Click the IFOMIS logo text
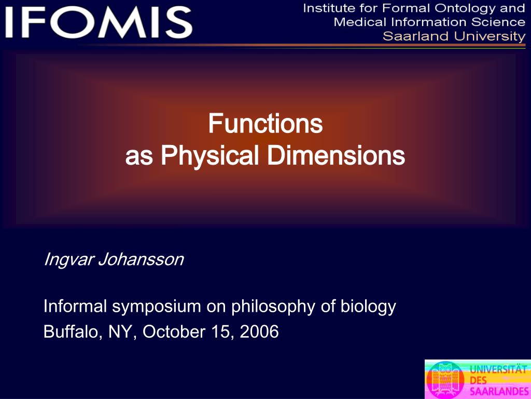[x=99, y=23]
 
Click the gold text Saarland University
[x=454, y=36]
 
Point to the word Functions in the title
[x=265, y=124]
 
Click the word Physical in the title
[x=209, y=156]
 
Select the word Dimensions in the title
[x=336, y=156]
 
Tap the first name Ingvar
[x=68, y=260]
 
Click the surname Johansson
[x=141, y=260]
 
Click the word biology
[x=368, y=307]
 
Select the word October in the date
[x=173, y=331]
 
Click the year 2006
[x=259, y=331]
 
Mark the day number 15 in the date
[x=221, y=331]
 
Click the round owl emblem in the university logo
[x=445, y=380]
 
